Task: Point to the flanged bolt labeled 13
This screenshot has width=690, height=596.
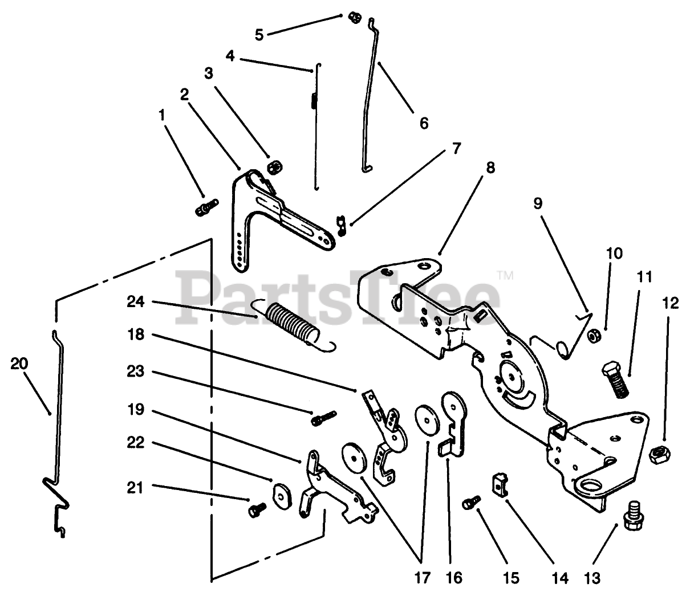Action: [632, 515]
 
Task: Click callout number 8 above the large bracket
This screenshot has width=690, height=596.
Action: [490, 168]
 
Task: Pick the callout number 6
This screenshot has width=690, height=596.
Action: [423, 123]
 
